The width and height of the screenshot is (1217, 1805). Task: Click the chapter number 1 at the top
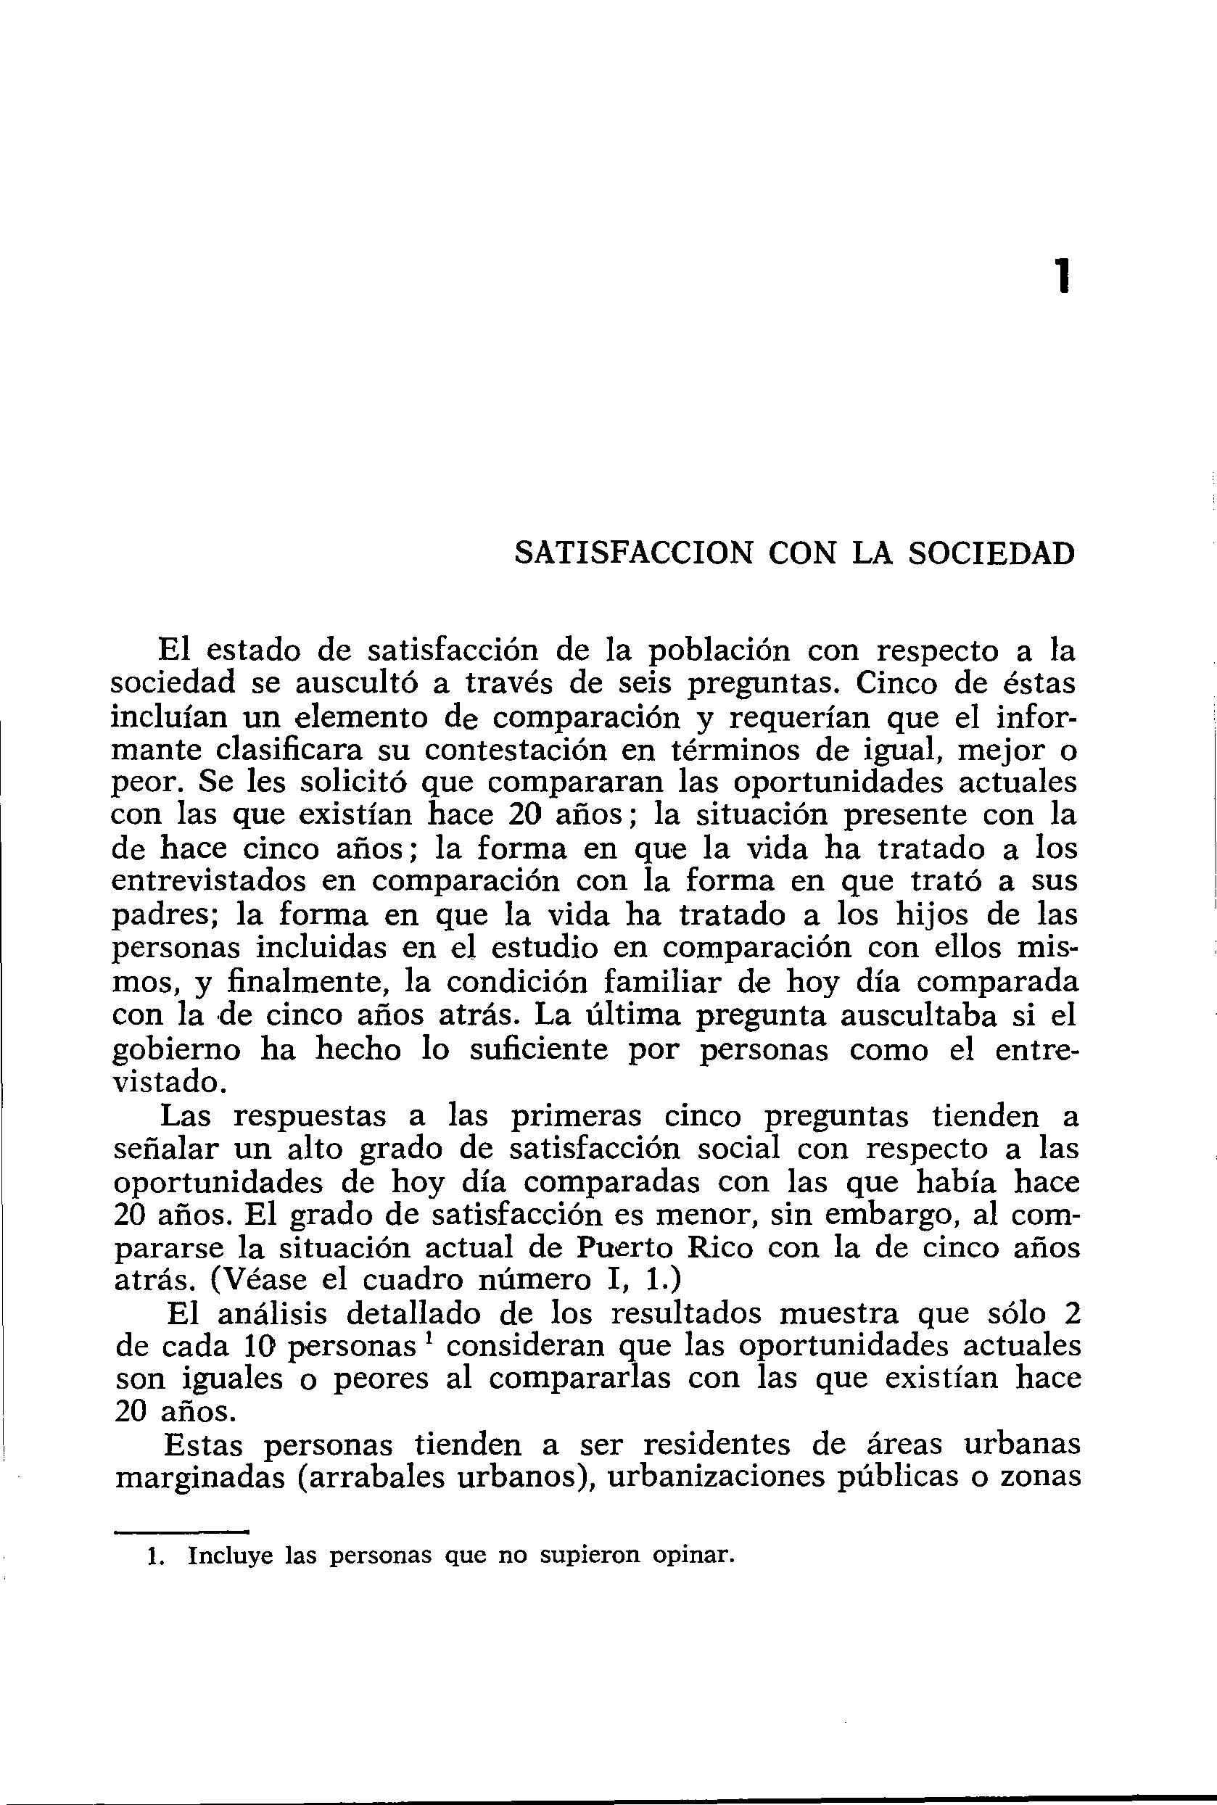click(x=1061, y=276)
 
